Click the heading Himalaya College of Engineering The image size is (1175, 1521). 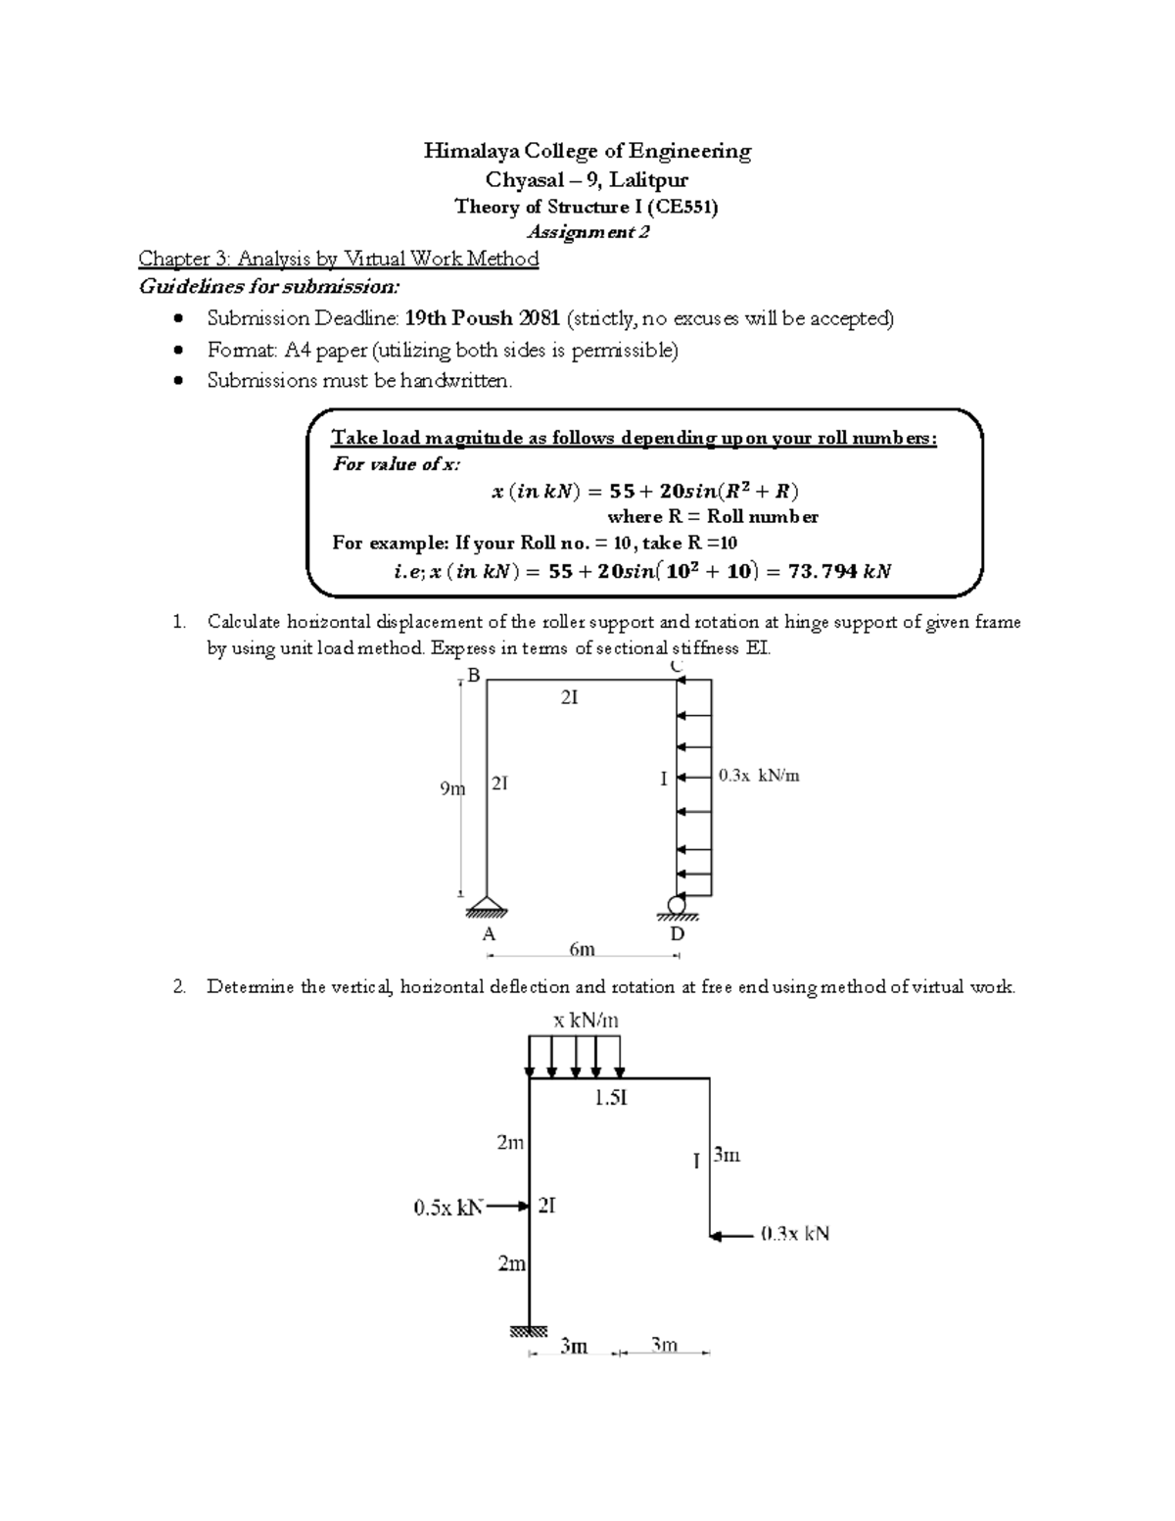pyautogui.click(x=587, y=151)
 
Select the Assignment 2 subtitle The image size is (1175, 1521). pyautogui.click(x=587, y=232)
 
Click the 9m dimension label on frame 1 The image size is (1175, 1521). pyautogui.click(x=451, y=787)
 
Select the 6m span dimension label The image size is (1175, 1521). pyautogui.click(x=582, y=949)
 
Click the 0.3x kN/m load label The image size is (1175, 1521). pyautogui.click(x=759, y=776)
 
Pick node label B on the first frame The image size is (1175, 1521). pyautogui.click(x=474, y=675)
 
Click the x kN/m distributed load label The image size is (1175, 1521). pyautogui.click(x=586, y=1021)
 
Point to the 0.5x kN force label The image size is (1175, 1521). pyautogui.click(x=448, y=1208)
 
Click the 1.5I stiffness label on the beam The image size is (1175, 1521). pyautogui.click(x=610, y=1098)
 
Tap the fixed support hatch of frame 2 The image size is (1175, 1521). pyautogui.click(x=529, y=1331)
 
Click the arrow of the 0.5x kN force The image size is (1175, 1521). pyautogui.click(x=508, y=1207)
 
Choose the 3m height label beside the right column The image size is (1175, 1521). pyautogui.click(x=727, y=1155)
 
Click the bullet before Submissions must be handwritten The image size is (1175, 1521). pyautogui.click(x=177, y=381)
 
